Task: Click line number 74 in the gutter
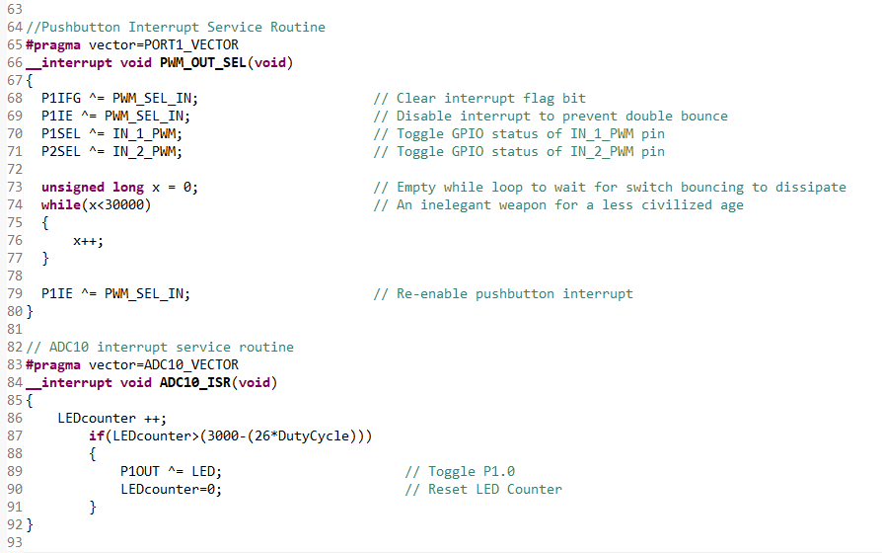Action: point(14,205)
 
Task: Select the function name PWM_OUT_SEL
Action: point(203,62)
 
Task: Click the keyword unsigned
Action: point(73,187)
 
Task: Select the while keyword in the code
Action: point(61,204)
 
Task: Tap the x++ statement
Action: point(89,240)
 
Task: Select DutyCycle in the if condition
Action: point(316,435)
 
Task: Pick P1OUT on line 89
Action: point(140,471)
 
